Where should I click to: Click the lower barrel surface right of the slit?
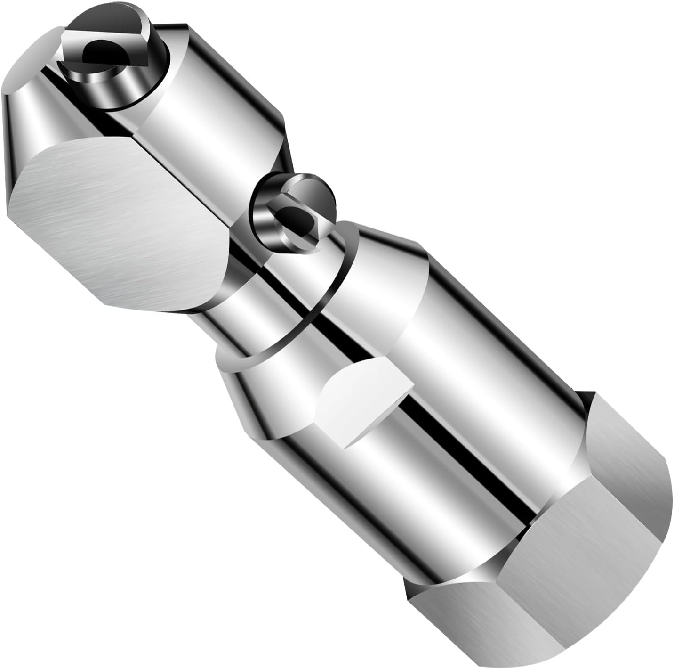click(x=494, y=377)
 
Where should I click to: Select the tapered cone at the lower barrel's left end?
click(x=254, y=396)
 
